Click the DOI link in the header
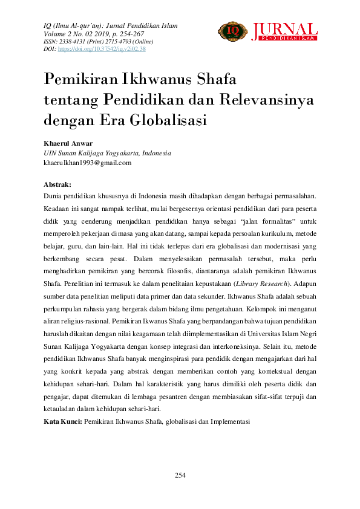pyautogui.click(x=101, y=49)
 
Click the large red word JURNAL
pyautogui.click(x=284, y=29)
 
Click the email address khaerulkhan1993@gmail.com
pyautogui.click(x=87, y=163)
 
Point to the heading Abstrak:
pyautogui.click(x=57, y=184)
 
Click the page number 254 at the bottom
pyautogui.click(x=180, y=475)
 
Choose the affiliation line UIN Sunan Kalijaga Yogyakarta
pyautogui.click(x=108, y=154)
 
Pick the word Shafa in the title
pyautogui.click(x=215, y=79)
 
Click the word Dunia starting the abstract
pyautogui.click(x=53, y=196)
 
